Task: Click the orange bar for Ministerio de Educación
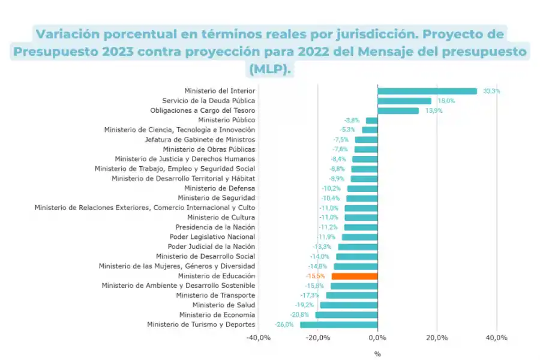point(355,276)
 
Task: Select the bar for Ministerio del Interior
point(427,91)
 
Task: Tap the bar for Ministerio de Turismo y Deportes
point(338,325)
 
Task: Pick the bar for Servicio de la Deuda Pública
point(404,101)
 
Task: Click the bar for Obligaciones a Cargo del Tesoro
point(398,110)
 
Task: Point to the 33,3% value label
point(491,91)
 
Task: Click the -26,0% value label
point(284,325)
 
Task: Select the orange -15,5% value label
point(316,276)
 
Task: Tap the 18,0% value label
point(445,101)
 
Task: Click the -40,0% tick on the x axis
point(259,338)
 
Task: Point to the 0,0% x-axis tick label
point(377,338)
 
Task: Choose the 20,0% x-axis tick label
point(437,338)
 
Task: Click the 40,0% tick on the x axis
point(496,338)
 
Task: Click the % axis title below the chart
point(377,353)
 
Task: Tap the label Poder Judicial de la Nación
point(211,247)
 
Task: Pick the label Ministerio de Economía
point(217,314)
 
